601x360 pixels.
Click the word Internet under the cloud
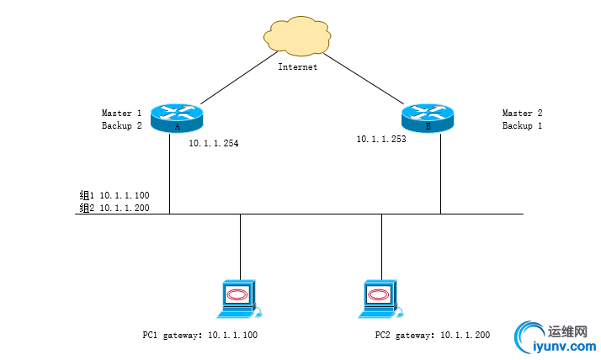[x=298, y=66]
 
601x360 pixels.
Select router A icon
[x=177, y=118]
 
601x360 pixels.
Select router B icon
[x=428, y=118]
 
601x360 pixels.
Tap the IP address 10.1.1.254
[x=213, y=144]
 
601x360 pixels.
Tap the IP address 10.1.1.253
[x=381, y=140]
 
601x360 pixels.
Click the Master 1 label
[x=121, y=113]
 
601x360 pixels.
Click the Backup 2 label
[x=121, y=125]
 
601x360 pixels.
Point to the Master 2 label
[x=523, y=113]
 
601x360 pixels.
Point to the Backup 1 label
[x=523, y=125]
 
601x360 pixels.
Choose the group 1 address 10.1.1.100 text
[x=114, y=195]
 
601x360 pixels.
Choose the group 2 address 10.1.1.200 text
[x=114, y=208]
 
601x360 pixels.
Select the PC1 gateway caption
[x=199, y=335]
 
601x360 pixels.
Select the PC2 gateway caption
[x=432, y=335]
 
